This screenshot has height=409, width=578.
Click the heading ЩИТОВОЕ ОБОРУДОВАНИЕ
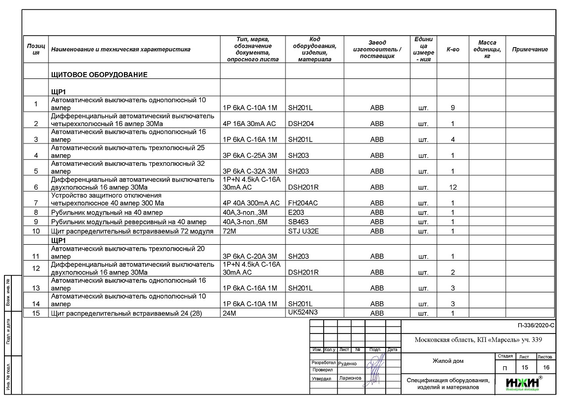pyautogui.click(x=99, y=75)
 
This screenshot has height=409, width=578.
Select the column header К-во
pyautogui.click(x=453, y=50)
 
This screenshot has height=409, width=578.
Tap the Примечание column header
pyautogui.click(x=530, y=50)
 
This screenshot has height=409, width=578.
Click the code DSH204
pyautogui.click(x=301, y=124)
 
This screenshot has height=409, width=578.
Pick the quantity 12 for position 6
pyautogui.click(x=453, y=187)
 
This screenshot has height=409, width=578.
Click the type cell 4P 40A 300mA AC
pyautogui.click(x=251, y=203)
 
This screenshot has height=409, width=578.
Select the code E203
pyautogui.click(x=296, y=212)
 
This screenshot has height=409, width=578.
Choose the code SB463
pyautogui.click(x=298, y=222)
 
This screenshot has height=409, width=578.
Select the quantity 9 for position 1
pyautogui.click(x=453, y=108)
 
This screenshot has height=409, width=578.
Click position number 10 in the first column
pyautogui.click(x=36, y=231)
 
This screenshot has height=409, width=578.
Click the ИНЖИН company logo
pyautogui.click(x=522, y=383)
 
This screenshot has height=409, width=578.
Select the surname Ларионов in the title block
pyautogui.click(x=350, y=378)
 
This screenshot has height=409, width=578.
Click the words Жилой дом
pyautogui.click(x=448, y=361)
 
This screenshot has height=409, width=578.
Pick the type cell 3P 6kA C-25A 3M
pyautogui.click(x=250, y=155)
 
